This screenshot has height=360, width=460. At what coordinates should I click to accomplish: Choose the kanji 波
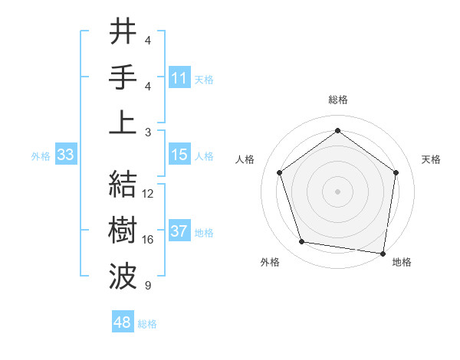point(123,274)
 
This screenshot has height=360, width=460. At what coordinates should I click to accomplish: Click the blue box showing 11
point(179,77)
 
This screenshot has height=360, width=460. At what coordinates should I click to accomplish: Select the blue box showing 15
point(179,155)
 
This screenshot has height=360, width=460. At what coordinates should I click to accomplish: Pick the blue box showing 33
point(65,155)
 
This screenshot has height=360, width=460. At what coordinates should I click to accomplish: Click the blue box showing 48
point(123,322)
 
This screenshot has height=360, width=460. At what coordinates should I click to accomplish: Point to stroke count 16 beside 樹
point(148,240)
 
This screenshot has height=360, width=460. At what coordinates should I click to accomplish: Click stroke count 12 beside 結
point(148,194)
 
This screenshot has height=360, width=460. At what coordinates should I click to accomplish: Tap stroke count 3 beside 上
point(147,132)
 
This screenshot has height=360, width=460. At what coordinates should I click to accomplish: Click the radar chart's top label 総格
point(337,100)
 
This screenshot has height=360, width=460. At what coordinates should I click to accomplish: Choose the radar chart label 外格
point(270,262)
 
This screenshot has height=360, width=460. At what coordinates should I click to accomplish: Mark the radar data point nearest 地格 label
point(383,253)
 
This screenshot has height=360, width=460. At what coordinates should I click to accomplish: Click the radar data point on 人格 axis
point(279,172)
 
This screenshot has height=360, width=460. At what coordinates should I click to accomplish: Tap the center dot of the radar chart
point(337,191)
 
